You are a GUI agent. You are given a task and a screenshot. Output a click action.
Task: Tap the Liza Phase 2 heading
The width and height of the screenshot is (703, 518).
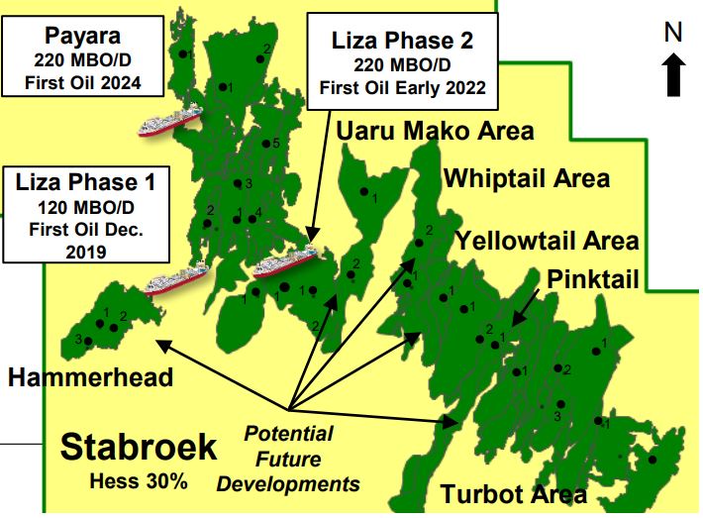coord(402,41)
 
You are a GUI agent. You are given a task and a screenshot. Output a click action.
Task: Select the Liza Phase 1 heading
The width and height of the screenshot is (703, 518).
coord(85,183)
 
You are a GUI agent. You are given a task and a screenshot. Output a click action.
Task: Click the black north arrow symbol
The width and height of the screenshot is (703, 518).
coord(675,73)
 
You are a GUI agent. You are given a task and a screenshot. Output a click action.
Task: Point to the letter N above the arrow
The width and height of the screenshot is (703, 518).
coord(674,33)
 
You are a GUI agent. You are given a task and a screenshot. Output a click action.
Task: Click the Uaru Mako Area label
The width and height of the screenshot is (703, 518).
coord(436,131)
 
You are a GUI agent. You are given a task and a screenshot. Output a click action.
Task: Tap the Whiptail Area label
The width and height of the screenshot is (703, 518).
coord(527,179)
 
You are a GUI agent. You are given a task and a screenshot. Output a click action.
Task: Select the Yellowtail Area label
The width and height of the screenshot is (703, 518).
coord(547,241)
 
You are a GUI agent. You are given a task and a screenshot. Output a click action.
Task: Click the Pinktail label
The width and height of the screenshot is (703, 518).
coord(591,276)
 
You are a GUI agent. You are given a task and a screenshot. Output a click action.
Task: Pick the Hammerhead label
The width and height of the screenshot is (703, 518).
coord(91,376)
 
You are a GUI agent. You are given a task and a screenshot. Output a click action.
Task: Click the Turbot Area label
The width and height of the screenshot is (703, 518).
coord(514,494)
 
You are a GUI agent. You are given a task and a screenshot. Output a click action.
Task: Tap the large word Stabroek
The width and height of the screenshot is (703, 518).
coord(139,448)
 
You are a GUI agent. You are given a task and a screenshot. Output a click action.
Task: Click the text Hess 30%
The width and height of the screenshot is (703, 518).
coord(138,483)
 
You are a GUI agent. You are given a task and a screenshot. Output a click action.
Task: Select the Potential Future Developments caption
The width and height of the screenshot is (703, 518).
coord(288,460)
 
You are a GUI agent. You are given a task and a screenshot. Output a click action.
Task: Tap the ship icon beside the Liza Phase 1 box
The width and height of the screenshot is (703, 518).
coord(176,281)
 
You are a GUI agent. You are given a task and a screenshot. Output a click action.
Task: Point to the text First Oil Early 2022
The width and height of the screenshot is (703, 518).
coord(402,87)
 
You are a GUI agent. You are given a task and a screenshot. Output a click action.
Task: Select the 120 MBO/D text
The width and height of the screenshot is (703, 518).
coord(85,208)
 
